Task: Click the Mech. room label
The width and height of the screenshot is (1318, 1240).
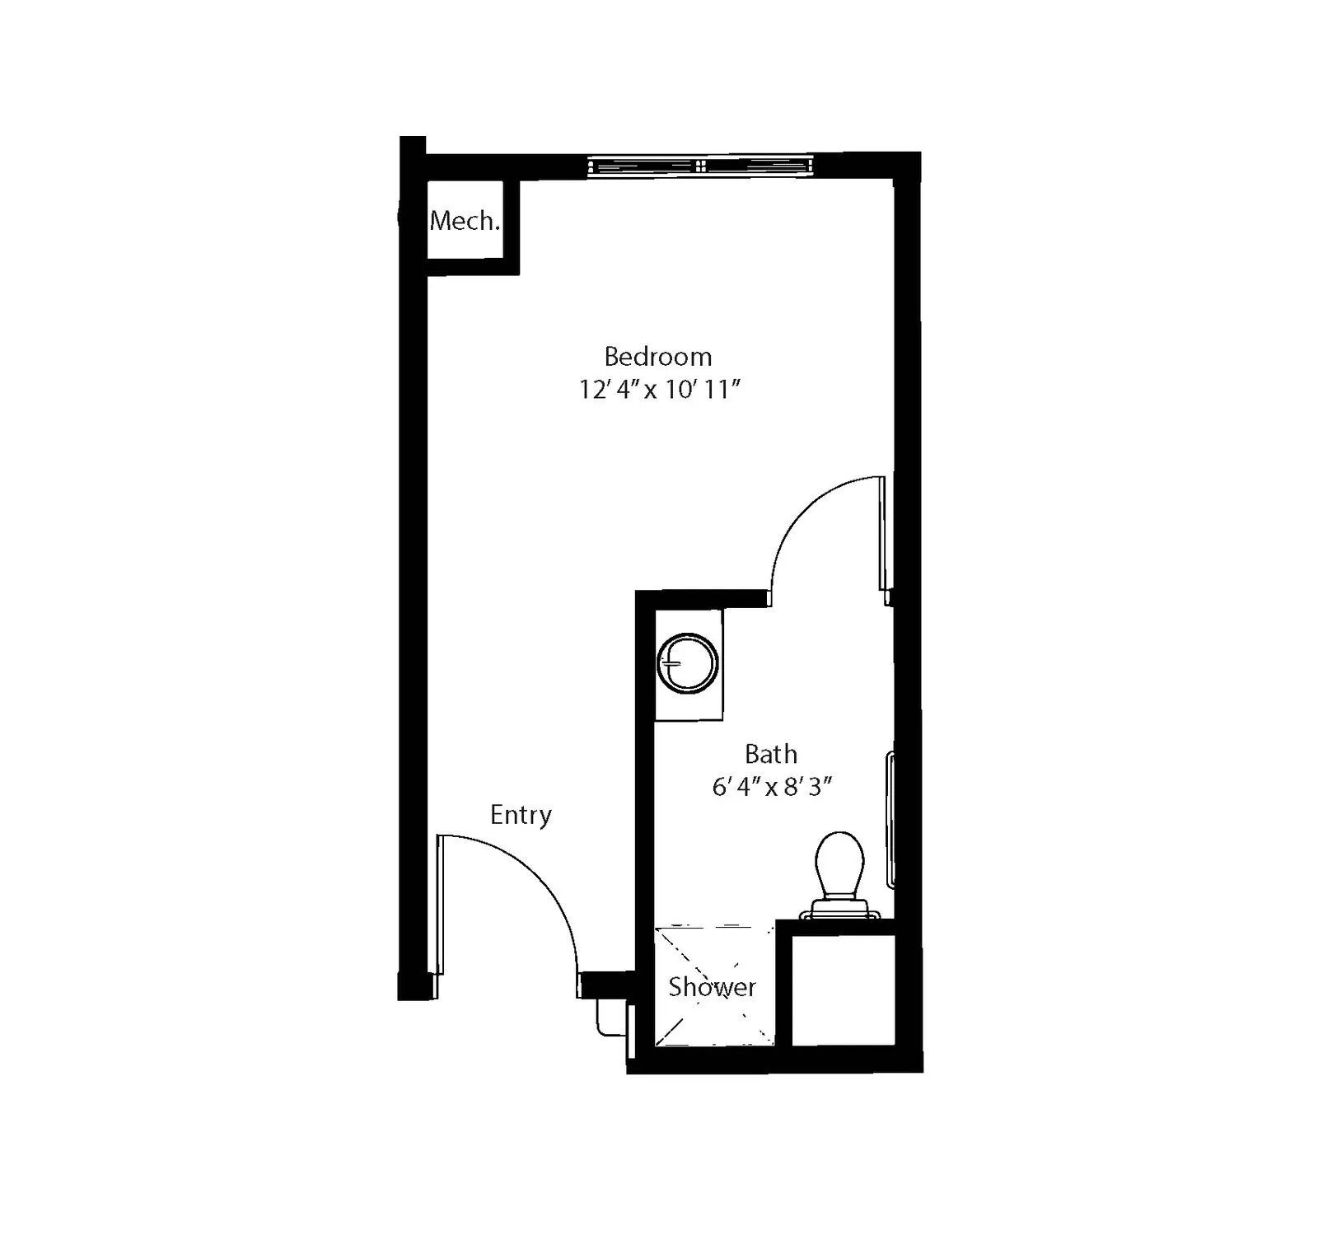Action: pyautogui.click(x=465, y=221)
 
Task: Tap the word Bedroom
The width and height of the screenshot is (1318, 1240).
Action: pyautogui.click(x=658, y=357)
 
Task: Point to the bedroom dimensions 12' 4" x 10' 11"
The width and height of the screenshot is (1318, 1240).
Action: pyautogui.click(x=660, y=389)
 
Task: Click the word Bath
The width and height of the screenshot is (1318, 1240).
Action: pyautogui.click(x=771, y=754)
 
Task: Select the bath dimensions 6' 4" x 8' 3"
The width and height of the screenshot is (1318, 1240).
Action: pyautogui.click(x=772, y=787)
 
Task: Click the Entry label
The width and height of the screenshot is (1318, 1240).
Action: pyautogui.click(x=521, y=815)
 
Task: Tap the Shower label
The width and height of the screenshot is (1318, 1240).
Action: pyautogui.click(x=712, y=986)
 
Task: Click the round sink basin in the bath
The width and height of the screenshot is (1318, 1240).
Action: pyautogui.click(x=688, y=663)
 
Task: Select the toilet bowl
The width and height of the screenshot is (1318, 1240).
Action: pyautogui.click(x=839, y=863)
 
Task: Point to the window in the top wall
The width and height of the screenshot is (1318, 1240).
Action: pyautogui.click(x=700, y=166)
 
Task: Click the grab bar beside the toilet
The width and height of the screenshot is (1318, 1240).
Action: pyautogui.click(x=890, y=819)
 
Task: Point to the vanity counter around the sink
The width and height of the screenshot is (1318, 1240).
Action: pyautogui.click(x=689, y=665)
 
